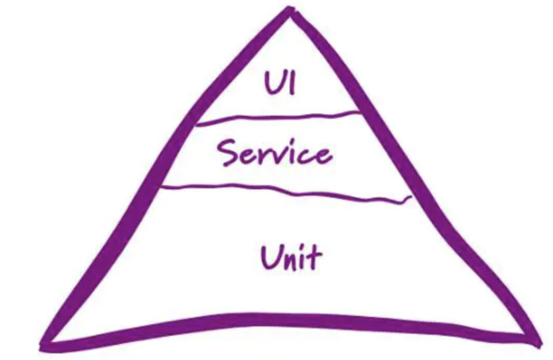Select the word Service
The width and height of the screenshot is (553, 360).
275,154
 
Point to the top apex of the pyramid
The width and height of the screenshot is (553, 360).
289,11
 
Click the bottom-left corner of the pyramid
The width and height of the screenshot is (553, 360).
46,345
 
